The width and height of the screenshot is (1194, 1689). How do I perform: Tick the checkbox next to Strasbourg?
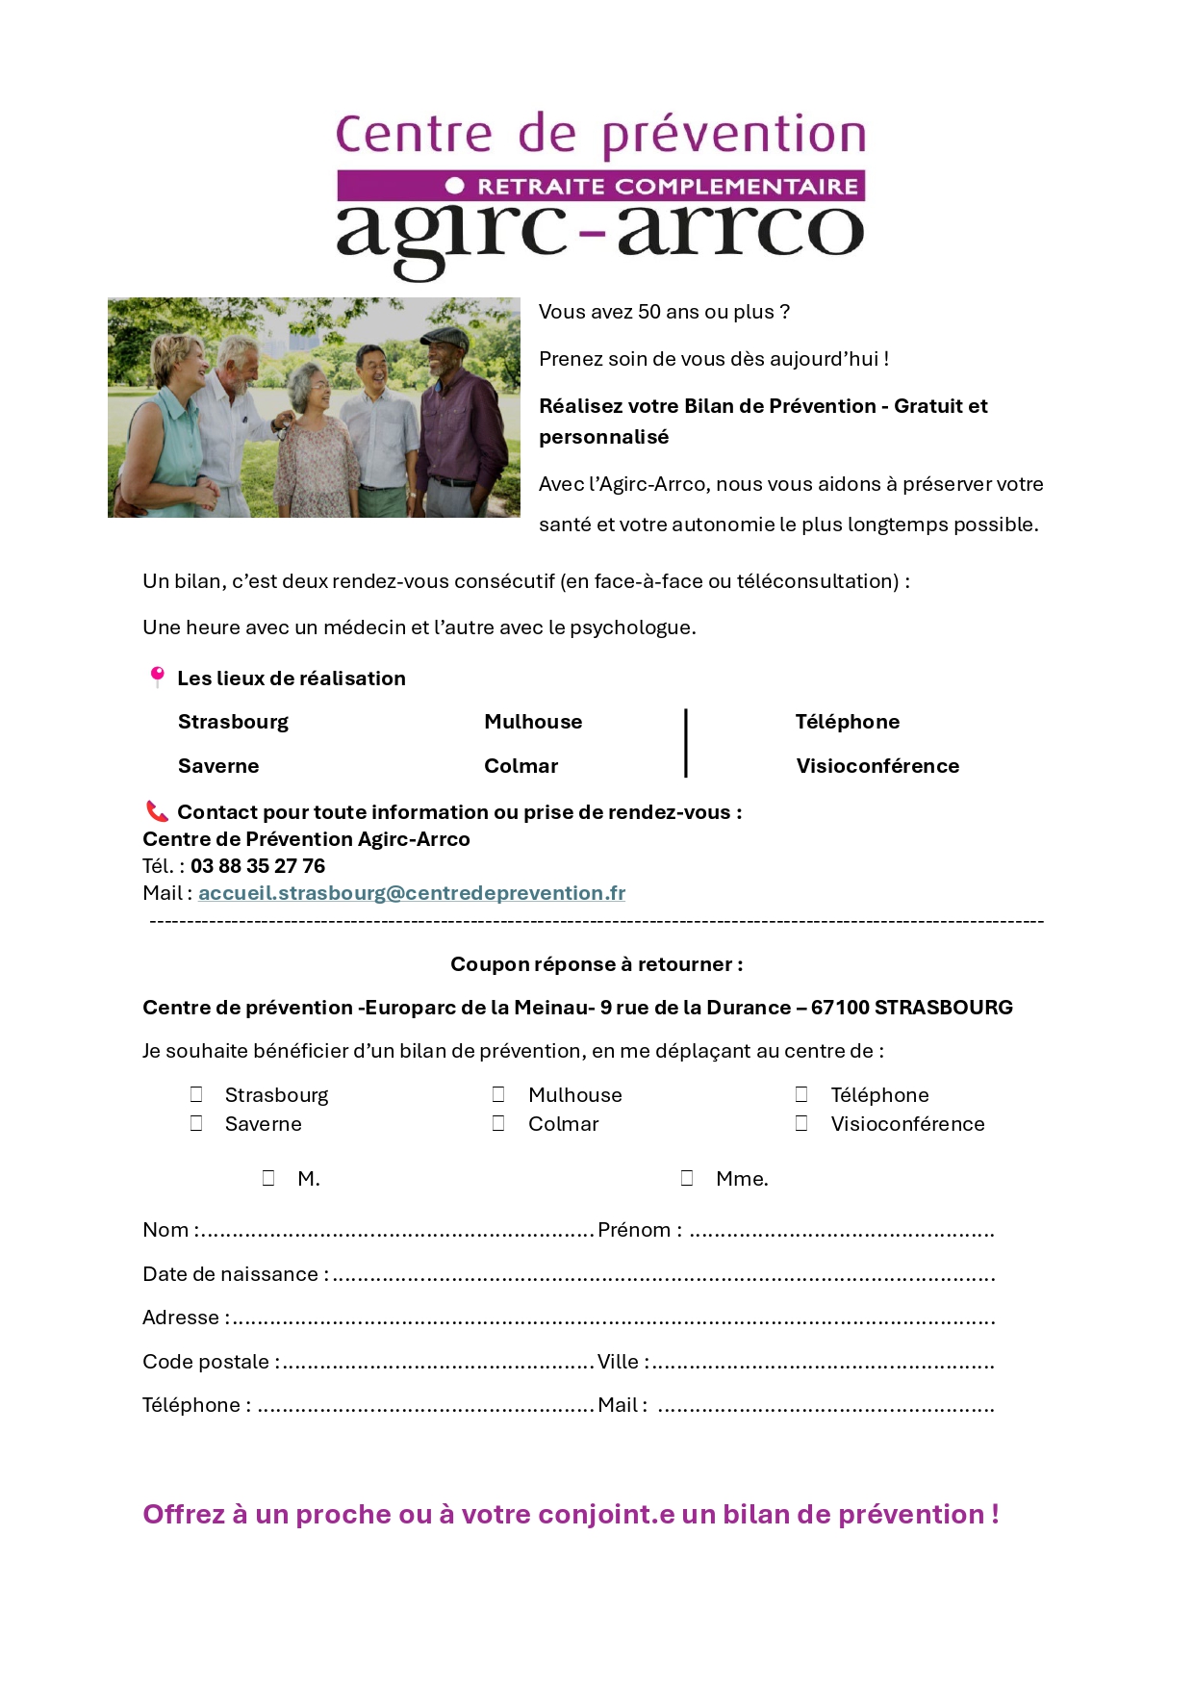[196, 1094]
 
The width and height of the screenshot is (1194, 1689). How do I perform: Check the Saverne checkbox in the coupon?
[196, 1123]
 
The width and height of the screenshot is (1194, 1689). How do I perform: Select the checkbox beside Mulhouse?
[498, 1094]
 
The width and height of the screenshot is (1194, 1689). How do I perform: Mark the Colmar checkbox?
[498, 1123]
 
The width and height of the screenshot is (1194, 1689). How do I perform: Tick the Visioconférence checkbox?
[801, 1123]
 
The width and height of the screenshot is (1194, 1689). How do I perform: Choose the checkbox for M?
[268, 1178]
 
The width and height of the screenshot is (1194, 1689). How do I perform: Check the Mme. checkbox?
[687, 1178]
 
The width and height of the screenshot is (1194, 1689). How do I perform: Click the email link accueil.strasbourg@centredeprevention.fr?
[412, 893]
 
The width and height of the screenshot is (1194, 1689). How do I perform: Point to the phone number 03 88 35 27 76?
[258, 866]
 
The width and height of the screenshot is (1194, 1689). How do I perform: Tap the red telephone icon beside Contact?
[157, 811]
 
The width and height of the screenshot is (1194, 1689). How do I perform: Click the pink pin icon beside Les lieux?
[157, 677]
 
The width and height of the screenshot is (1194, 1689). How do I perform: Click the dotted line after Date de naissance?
[664, 1276]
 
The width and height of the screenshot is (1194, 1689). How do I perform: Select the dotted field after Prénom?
[842, 1232]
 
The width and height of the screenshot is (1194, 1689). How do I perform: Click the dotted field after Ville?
[824, 1364]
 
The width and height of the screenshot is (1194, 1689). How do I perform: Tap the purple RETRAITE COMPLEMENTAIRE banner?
[600, 186]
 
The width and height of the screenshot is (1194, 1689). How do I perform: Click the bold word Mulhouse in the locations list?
[533, 722]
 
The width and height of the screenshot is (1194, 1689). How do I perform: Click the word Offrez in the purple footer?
[184, 1515]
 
